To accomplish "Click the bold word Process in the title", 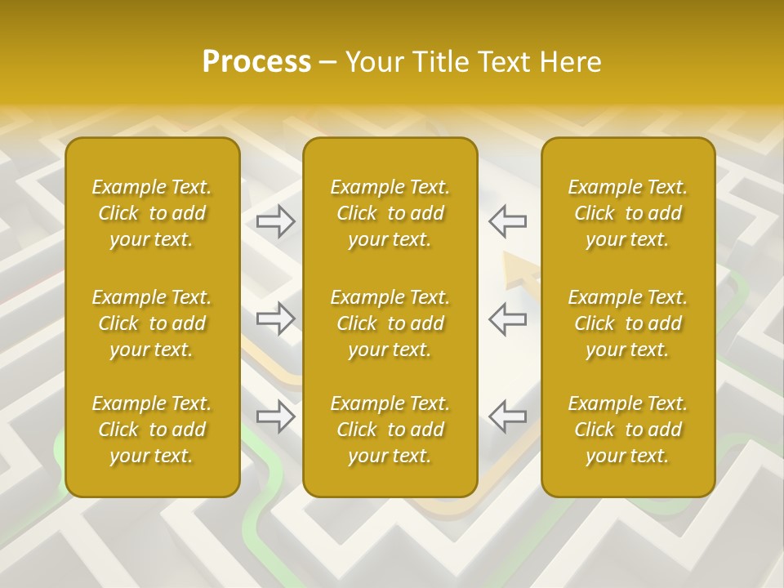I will point(256,62).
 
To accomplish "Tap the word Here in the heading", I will point(571,62).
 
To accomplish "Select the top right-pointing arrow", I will point(276,220).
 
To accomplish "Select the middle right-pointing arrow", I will point(276,318).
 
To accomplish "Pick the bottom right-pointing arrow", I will point(276,416).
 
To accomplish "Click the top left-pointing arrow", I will point(508,220).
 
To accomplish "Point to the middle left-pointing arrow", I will point(508,318).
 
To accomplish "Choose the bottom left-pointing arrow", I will point(508,416).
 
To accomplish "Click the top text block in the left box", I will point(152,213).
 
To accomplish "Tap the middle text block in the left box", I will point(152,323).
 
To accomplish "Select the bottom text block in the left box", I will point(152,430).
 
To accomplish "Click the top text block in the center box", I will point(390,213).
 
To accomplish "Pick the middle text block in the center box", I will point(390,323).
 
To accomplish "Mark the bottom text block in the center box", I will point(390,430).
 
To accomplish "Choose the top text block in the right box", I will point(628,213).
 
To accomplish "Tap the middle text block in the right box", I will point(628,323).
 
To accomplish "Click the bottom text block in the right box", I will point(628,430).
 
